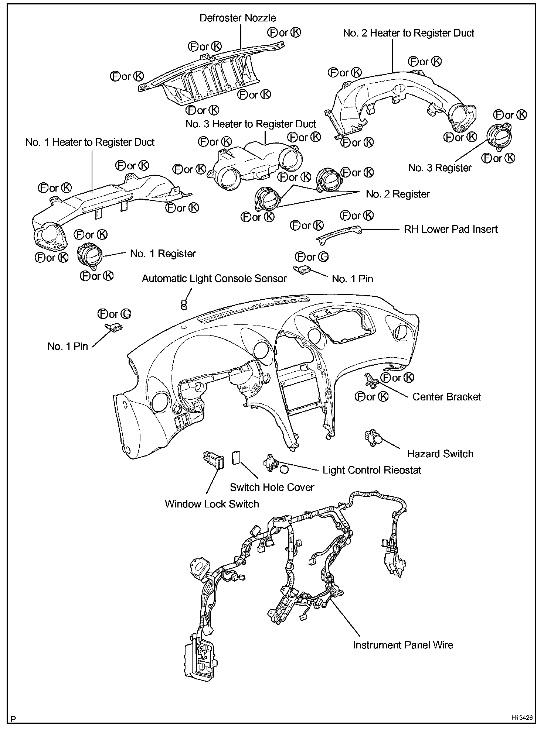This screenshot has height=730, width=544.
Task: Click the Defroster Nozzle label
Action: [238, 18]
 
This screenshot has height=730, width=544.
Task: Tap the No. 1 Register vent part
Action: [89, 254]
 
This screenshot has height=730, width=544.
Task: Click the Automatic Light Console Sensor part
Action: [184, 304]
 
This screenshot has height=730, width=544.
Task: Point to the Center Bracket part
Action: [371, 381]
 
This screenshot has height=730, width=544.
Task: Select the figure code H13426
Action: [522, 717]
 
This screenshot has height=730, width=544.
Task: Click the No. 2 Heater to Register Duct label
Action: [408, 33]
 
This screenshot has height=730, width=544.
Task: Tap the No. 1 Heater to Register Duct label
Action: [90, 142]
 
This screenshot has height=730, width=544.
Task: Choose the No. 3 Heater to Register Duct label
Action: [251, 124]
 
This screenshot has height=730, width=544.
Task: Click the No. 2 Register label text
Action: [398, 194]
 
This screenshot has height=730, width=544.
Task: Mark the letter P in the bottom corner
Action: [14, 719]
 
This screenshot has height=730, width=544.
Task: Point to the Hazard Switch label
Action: [440, 454]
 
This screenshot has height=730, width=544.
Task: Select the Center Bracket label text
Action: [446, 397]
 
